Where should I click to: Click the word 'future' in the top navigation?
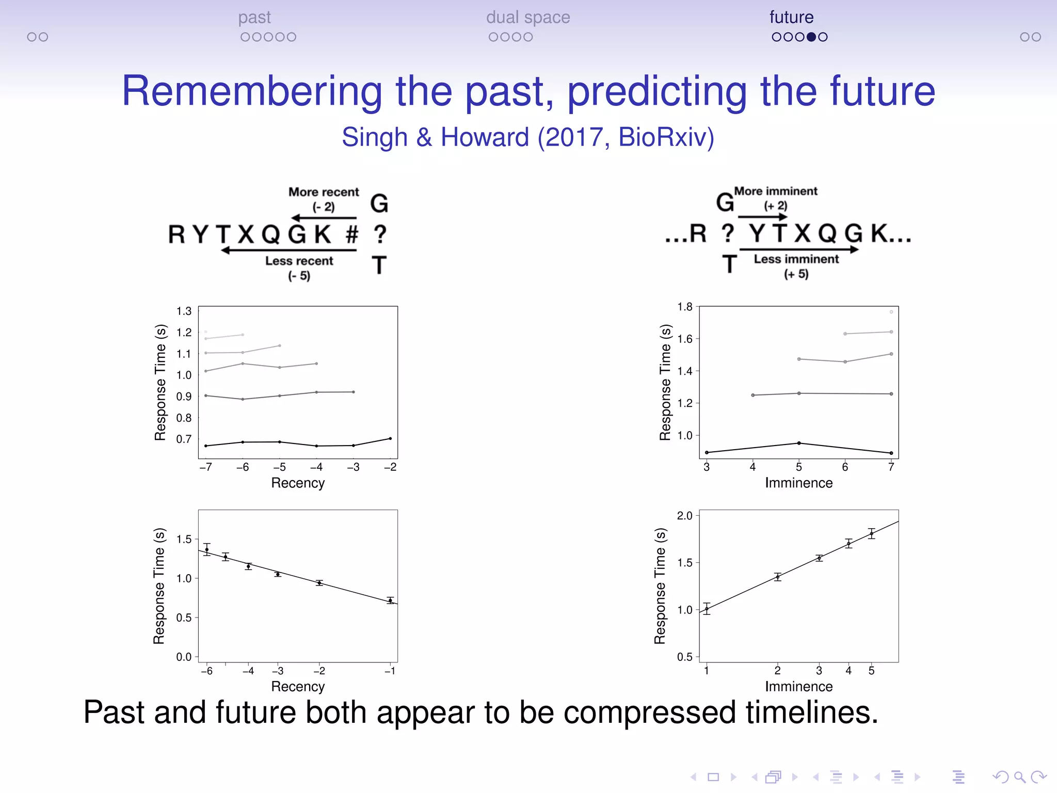[791, 17]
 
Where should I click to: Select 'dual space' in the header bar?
[527, 17]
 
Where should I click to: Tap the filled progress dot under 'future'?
[811, 37]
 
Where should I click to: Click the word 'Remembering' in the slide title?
[252, 91]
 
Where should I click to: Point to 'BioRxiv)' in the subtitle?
[666, 137]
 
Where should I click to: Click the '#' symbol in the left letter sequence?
[352, 234]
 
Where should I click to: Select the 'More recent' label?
[324, 192]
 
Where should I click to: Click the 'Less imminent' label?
[796, 259]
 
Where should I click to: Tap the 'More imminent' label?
[776, 191]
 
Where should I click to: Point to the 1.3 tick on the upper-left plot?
[184, 311]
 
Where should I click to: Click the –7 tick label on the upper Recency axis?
[206, 467]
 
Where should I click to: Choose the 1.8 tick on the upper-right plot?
[685, 307]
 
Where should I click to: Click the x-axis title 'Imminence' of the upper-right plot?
[798, 483]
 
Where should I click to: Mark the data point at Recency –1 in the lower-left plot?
[391, 600]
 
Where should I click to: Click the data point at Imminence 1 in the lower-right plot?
[707, 609]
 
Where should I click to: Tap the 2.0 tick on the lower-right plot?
[685, 515]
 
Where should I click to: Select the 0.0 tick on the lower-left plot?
[184, 657]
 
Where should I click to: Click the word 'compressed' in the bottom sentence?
[649, 712]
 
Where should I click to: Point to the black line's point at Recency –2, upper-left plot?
[390, 438]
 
